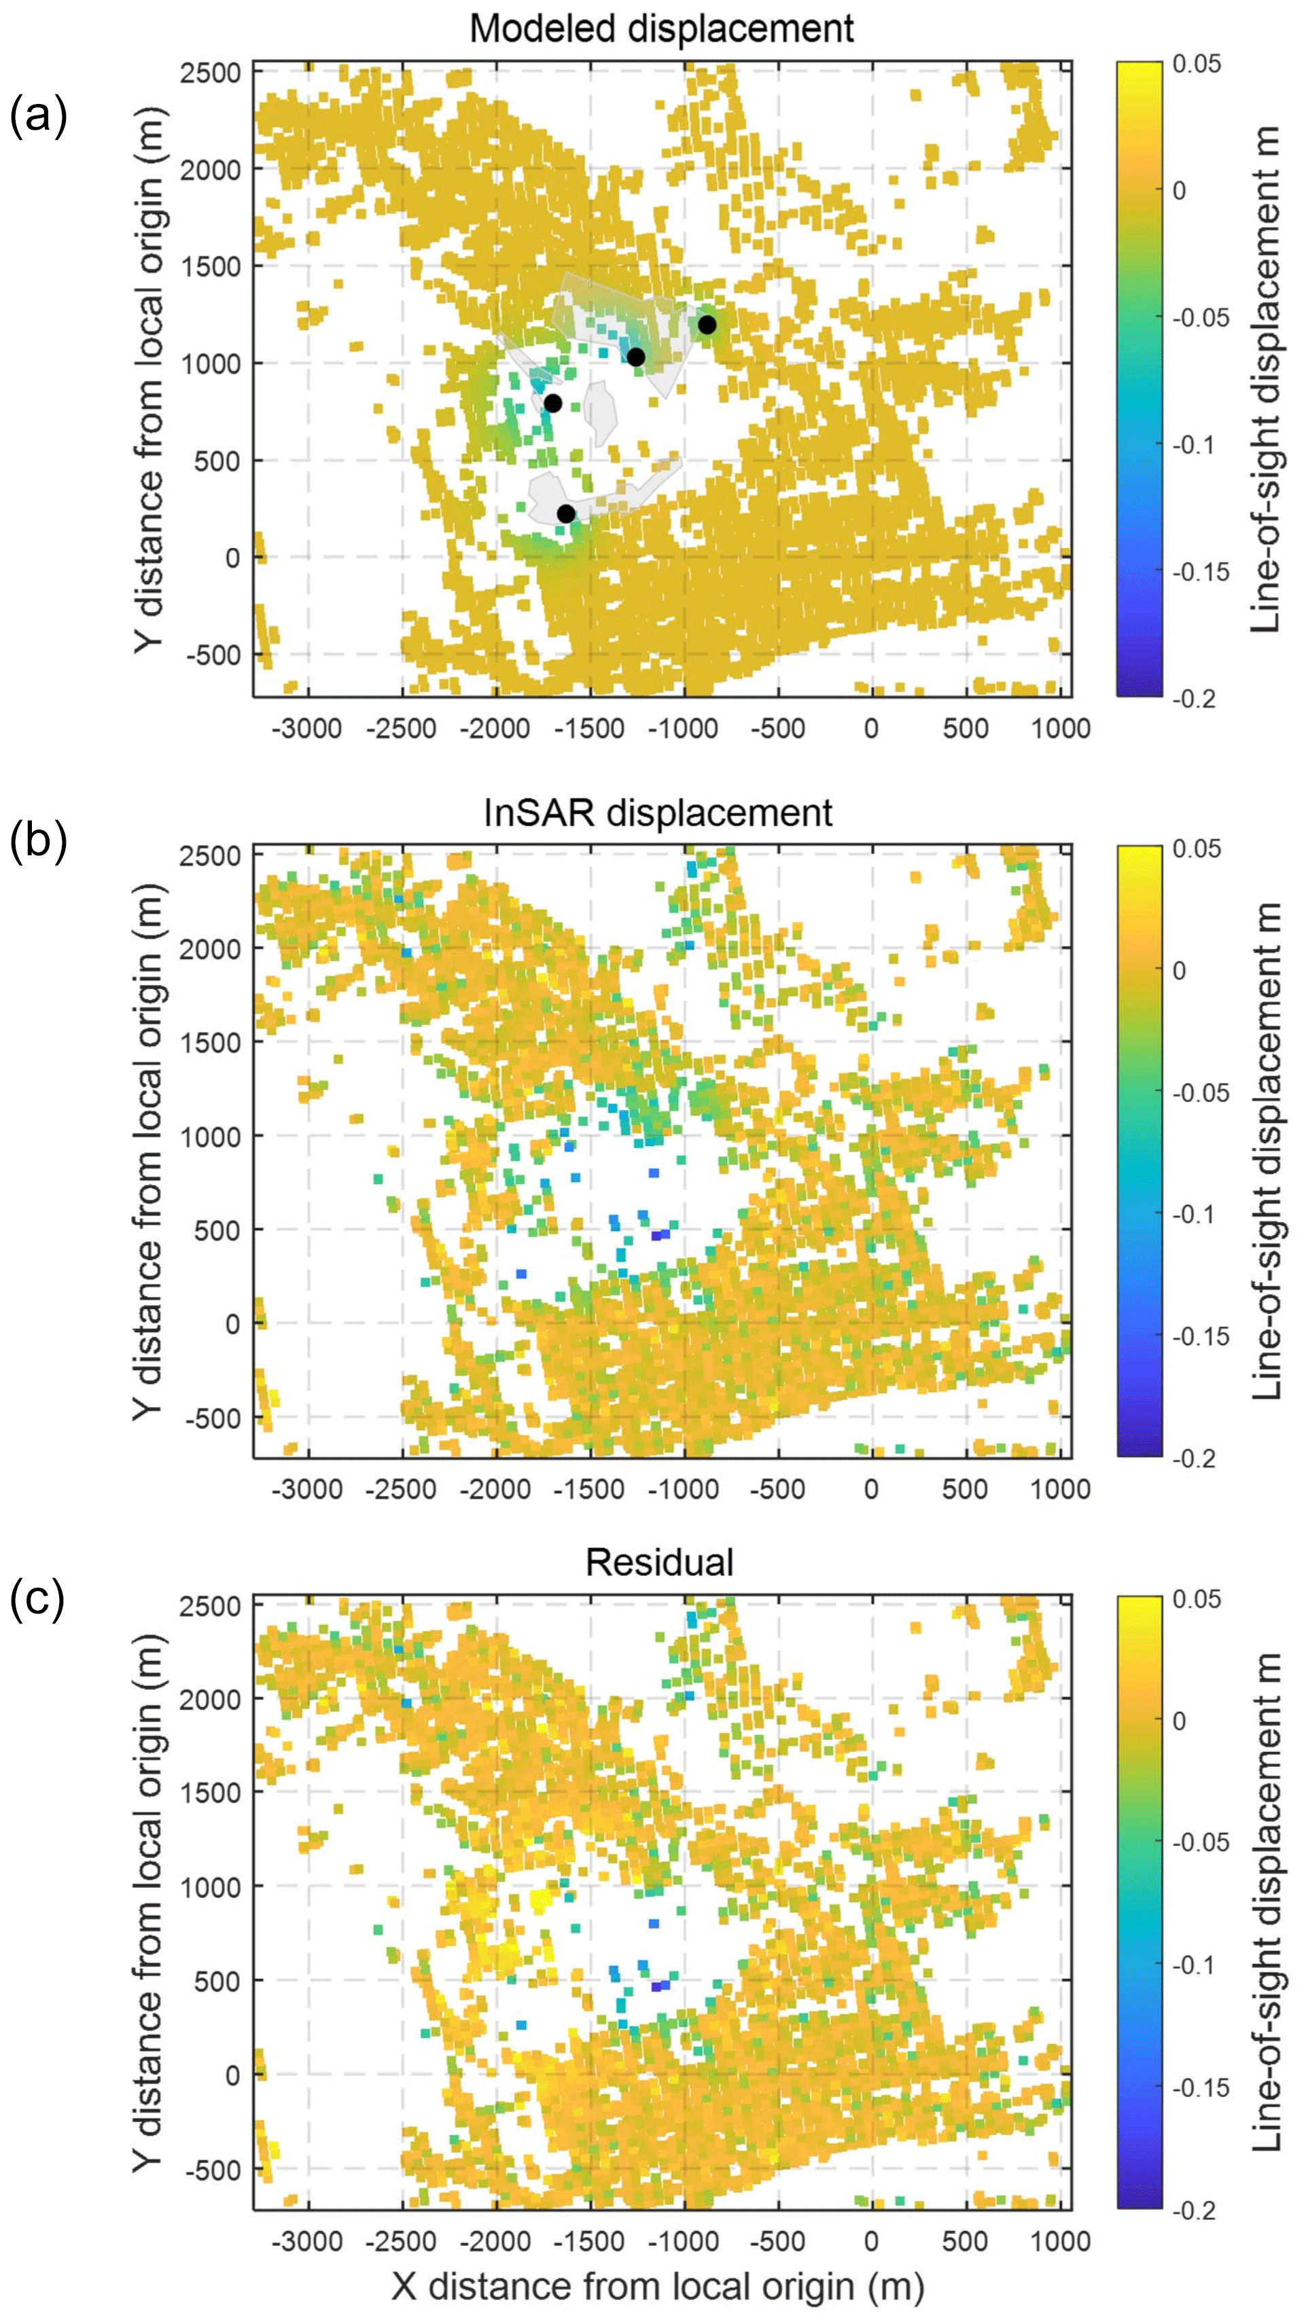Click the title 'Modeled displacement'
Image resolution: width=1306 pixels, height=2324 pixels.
coord(660,29)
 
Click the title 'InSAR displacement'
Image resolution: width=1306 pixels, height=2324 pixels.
coord(658,813)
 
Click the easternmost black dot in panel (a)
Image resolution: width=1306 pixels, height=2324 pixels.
coord(707,325)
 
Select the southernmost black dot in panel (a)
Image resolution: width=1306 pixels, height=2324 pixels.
coord(566,514)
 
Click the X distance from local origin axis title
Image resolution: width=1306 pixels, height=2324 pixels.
coord(658,2285)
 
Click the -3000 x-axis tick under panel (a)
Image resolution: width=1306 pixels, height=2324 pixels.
coord(308,728)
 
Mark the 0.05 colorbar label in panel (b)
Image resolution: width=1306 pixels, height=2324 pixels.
coord(1197,849)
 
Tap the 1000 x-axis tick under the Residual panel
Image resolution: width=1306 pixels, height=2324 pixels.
coord(1061,2240)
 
